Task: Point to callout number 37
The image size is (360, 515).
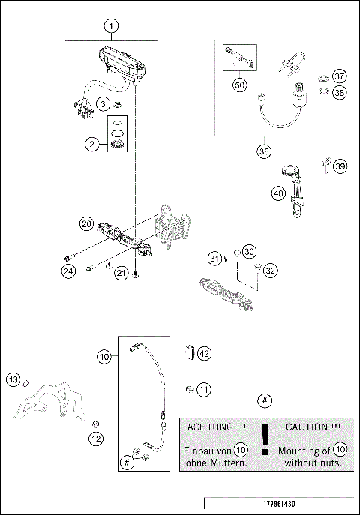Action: point(340,76)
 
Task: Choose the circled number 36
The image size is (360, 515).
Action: point(263,151)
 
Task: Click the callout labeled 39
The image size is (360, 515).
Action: point(340,166)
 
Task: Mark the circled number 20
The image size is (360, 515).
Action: point(87,224)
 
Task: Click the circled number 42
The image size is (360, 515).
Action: point(205,353)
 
